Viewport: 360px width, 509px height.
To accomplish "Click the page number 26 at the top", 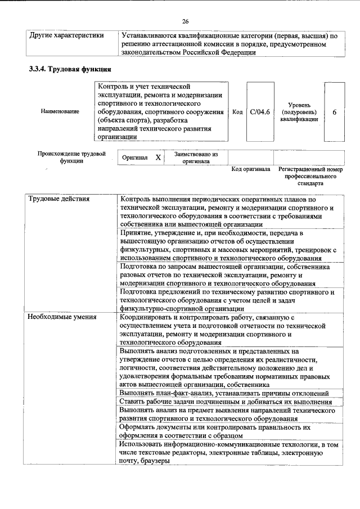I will tap(184, 21).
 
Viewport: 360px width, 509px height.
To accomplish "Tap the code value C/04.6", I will tap(260, 112).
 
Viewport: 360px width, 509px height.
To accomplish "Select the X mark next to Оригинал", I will tap(158, 157).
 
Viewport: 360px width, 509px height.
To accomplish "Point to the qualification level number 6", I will tap(335, 112).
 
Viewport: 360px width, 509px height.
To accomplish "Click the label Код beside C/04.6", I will tap(237, 112).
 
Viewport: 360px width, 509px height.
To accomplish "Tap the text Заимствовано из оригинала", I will tap(195, 157).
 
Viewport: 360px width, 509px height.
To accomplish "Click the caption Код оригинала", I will tap(251, 169).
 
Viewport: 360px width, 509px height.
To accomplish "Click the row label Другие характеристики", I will tap(66, 35).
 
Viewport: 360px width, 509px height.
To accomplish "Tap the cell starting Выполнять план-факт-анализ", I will tap(223, 393).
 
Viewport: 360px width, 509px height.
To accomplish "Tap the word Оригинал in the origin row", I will tap(135, 157).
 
